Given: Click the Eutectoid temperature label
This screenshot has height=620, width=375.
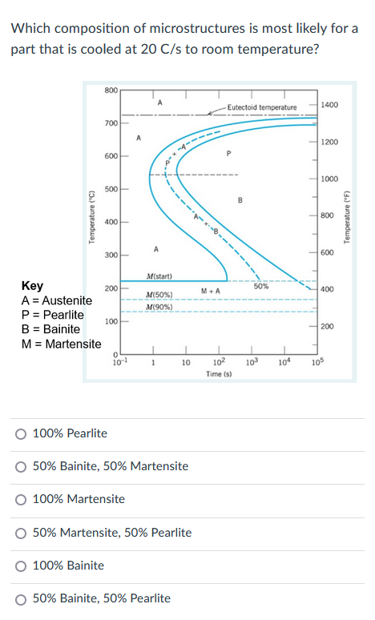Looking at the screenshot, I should pos(261,107).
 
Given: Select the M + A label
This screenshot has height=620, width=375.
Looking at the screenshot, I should pos(211,290).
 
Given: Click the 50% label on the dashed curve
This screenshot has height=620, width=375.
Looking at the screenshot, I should pos(260,286).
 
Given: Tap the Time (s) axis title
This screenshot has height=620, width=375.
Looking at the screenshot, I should pos(218,373).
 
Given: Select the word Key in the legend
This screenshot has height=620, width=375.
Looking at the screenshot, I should pos(33,285).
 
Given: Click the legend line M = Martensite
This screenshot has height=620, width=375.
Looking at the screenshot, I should pos(61,344).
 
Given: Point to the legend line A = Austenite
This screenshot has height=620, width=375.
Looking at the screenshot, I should pos(57,300).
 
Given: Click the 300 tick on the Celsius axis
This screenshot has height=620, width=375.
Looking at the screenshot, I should pos(111,255).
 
